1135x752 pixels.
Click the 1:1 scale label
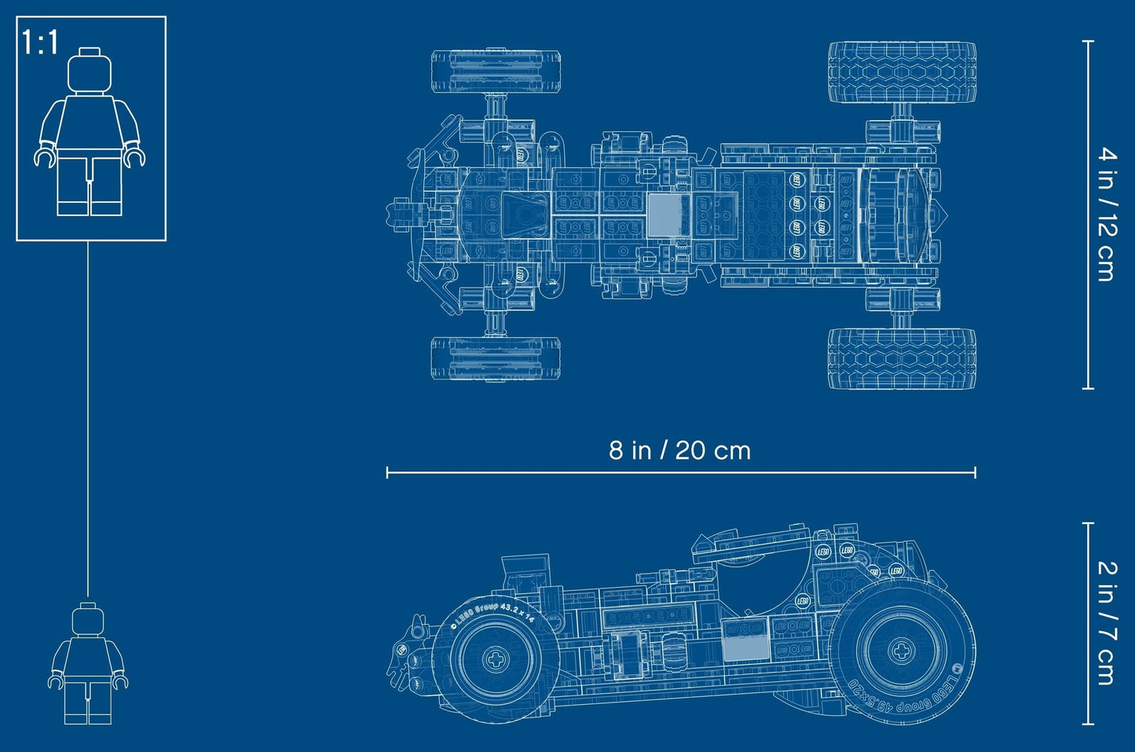tap(41, 42)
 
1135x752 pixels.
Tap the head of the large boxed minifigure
tap(89, 72)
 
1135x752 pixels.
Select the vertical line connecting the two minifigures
tap(87, 416)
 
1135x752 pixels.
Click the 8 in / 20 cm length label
tap(679, 450)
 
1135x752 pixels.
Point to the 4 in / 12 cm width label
tap(1106, 214)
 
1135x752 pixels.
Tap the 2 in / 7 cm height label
tap(1106, 622)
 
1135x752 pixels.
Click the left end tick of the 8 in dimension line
tap(387, 471)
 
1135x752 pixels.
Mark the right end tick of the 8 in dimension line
tap(975, 471)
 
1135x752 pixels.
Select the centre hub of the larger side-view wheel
tap(899, 651)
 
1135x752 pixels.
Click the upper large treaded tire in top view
tap(902, 74)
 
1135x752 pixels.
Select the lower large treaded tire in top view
tap(902, 358)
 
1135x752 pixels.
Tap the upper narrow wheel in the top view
tap(496, 72)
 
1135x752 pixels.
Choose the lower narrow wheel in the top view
tap(496, 359)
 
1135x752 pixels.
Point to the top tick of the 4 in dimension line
tap(1088, 41)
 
